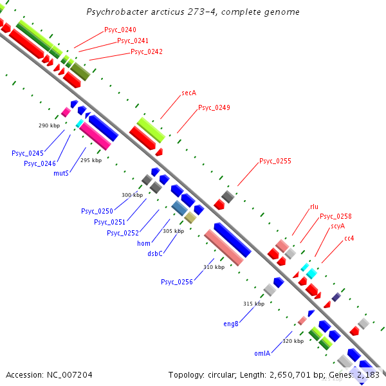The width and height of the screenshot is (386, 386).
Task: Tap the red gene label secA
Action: pos(188,93)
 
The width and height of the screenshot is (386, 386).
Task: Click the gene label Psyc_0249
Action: pos(214,107)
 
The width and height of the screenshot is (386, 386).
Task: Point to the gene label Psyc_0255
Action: pos(275,161)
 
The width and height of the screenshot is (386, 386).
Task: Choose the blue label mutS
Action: pos(61,172)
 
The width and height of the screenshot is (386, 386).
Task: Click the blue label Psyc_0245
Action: pos(27,153)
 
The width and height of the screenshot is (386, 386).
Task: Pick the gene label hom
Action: pos(143,243)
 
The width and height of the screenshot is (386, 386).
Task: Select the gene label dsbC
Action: pos(155,253)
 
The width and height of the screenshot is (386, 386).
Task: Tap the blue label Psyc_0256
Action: pos(177,282)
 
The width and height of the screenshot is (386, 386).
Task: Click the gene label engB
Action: pos(231,324)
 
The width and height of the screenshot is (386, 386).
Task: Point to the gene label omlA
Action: pos(262,353)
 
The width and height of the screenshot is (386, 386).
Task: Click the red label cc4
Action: pos(349,238)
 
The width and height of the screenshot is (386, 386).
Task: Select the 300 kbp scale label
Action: pos(132,195)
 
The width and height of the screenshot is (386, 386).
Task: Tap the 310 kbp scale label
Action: pos(214,267)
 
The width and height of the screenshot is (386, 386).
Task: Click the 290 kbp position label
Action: pos(49,125)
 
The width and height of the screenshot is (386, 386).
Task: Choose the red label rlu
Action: pos(314,207)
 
